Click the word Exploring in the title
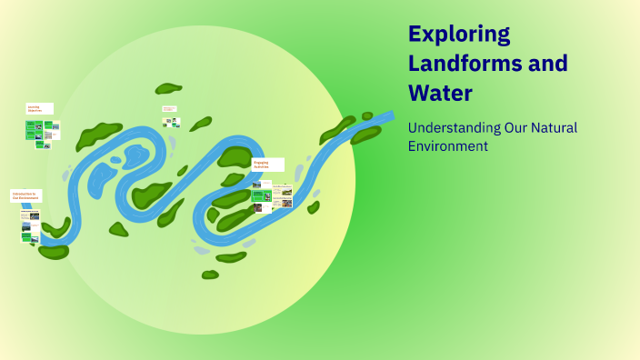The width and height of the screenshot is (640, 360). coord(459,35)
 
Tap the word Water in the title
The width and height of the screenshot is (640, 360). coord(441,93)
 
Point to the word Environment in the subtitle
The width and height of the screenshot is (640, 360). coord(448,145)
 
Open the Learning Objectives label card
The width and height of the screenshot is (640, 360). coord(39,108)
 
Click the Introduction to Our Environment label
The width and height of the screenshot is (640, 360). coord(25,195)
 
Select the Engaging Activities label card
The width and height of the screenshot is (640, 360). coord(267,165)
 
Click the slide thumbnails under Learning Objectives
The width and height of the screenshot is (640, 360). coord(38,134)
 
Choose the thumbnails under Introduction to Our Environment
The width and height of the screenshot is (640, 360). coord(30,225)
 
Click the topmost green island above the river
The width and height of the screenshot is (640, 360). coord(168,88)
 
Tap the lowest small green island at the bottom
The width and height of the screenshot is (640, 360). coord(210,274)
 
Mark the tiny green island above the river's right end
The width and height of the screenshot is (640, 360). coord(367,115)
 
